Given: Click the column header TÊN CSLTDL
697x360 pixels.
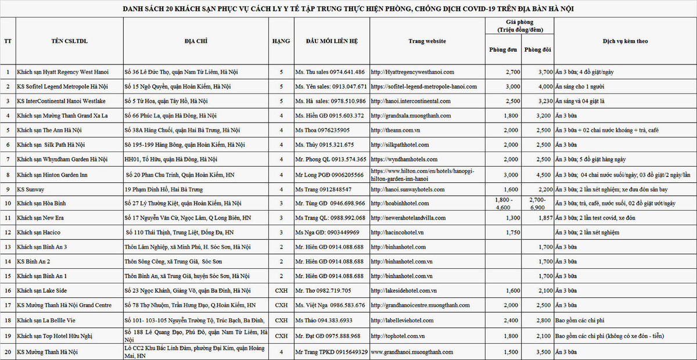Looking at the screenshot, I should [69, 41].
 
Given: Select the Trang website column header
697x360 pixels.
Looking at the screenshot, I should [427, 41].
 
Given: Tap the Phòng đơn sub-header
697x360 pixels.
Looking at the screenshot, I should [504, 50].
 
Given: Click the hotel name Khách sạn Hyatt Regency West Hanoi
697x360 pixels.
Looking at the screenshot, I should [63, 72].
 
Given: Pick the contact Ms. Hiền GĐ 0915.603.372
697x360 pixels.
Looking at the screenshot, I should [329, 116].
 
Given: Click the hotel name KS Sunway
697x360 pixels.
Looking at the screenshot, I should [31, 189].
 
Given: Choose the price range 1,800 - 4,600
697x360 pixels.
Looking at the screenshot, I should [504, 203].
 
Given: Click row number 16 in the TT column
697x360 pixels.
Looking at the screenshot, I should [8, 290].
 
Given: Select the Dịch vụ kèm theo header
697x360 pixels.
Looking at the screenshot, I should [625, 41].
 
